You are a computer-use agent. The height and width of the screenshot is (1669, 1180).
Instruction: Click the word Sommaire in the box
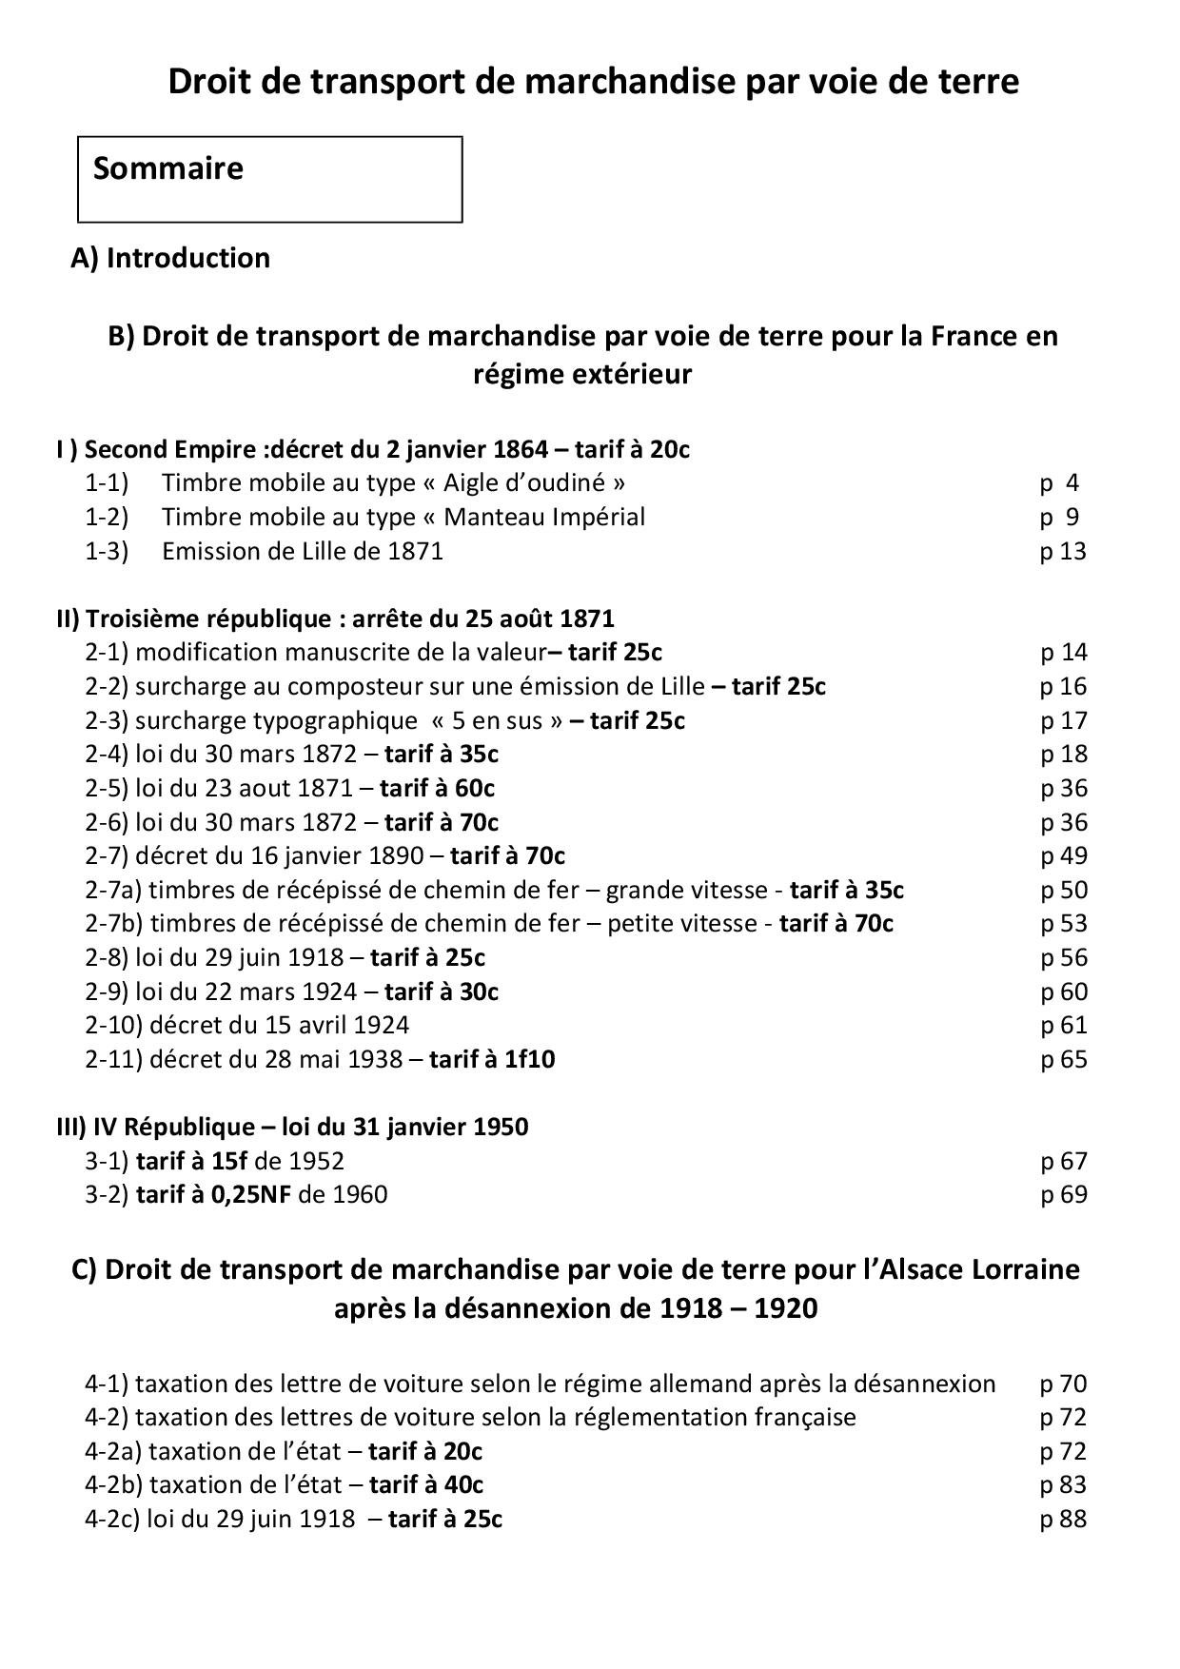168,168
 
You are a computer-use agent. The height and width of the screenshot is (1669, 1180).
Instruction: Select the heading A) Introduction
170,258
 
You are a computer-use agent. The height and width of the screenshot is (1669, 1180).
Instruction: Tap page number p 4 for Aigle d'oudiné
1059,482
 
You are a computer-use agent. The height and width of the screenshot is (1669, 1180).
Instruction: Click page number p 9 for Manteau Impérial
1059,517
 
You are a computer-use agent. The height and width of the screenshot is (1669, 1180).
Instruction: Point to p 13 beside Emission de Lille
1062,551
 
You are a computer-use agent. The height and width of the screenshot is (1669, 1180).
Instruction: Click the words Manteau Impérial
544,517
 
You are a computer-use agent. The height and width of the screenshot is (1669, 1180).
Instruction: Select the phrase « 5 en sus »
496,720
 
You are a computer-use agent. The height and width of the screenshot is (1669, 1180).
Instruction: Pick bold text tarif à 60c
437,788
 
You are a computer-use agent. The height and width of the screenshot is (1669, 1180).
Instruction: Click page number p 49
1063,855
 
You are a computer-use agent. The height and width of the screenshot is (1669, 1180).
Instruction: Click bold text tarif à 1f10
492,1059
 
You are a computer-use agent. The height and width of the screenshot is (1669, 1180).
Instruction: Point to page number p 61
1063,1025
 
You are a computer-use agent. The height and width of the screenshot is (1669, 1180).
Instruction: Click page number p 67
1063,1161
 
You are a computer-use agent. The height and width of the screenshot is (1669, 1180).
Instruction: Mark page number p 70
1063,1384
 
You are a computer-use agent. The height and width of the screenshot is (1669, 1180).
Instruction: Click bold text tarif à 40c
426,1484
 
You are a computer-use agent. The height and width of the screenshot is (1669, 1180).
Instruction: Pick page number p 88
1063,1519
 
